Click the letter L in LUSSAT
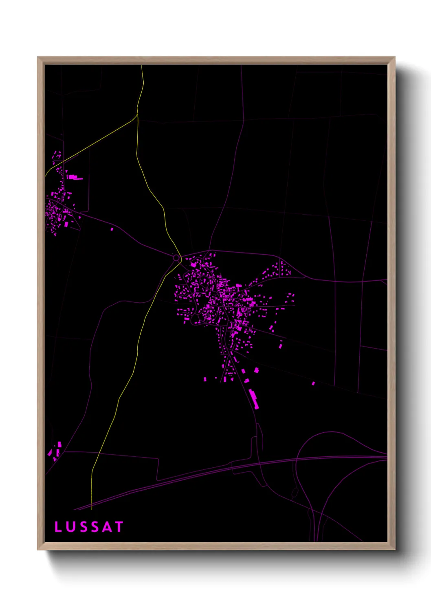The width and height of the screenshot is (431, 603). (58, 527)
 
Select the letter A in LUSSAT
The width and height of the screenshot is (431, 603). (106, 527)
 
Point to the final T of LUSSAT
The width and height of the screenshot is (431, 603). (119, 527)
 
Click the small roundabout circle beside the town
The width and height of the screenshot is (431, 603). (176, 258)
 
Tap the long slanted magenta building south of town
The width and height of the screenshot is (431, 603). (253, 398)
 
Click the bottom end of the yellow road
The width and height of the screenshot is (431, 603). (92, 509)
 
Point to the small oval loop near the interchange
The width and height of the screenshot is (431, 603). (295, 493)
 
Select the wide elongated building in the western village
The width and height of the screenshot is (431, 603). (75, 177)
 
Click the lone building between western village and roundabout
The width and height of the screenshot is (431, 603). (112, 229)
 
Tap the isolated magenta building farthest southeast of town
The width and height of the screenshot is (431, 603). (313, 383)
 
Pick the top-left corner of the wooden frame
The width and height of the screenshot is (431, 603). (38, 57)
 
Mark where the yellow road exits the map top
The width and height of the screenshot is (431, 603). (141, 66)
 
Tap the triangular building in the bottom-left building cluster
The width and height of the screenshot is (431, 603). (50, 452)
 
